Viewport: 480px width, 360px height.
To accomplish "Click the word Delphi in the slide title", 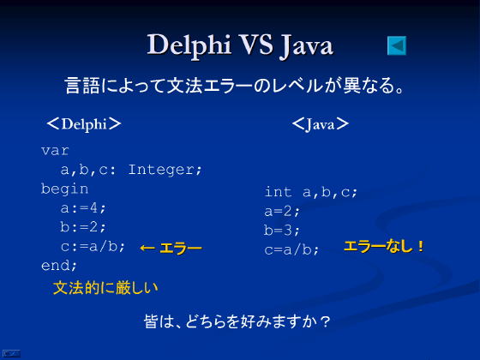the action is click(x=189, y=45).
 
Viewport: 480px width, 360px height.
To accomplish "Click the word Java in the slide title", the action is click(x=307, y=46).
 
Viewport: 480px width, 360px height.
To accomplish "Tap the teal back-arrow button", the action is click(x=397, y=45).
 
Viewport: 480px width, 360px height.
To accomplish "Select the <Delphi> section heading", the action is click(x=84, y=124).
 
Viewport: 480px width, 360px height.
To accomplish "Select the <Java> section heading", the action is click(x=321, y=124).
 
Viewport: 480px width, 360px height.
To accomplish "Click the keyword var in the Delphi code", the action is click(x=55, y=151).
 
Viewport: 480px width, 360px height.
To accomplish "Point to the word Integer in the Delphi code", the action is click(x=165, y=170).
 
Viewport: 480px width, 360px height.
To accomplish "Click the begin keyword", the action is click(x=64, y=189).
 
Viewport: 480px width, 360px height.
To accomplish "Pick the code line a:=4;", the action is click(x=83, y=208).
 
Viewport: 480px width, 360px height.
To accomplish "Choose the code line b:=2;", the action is click(x=83, y=227).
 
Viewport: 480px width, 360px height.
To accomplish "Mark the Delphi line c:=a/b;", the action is click(x=93, y=247).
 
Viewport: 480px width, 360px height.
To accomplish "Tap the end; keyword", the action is click(x=59, y=266).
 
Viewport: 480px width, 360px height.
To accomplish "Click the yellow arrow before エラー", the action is click(x=147, y=248).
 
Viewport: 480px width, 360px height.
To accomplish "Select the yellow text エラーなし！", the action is click(x=384, y=247).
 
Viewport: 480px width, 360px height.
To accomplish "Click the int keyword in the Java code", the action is click(x=278, y=192).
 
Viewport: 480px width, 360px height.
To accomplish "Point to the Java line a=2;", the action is click(x=282, y=211).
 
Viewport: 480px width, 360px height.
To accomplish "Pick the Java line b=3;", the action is click(x=282, y=231).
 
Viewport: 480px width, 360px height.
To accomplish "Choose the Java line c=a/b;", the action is click(x=291, y=249).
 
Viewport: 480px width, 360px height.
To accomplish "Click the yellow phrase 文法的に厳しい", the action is click(x=105, y=288).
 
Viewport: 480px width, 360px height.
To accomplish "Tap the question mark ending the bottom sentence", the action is click(x=325, y=322).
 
